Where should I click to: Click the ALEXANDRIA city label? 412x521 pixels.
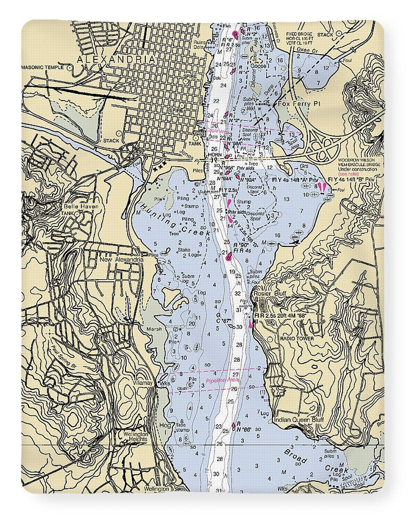[116, 60]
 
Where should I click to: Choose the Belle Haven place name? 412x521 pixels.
[79, 207]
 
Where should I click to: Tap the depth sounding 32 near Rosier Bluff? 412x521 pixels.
[237, 293]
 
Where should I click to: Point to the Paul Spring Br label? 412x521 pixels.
[66, 357]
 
